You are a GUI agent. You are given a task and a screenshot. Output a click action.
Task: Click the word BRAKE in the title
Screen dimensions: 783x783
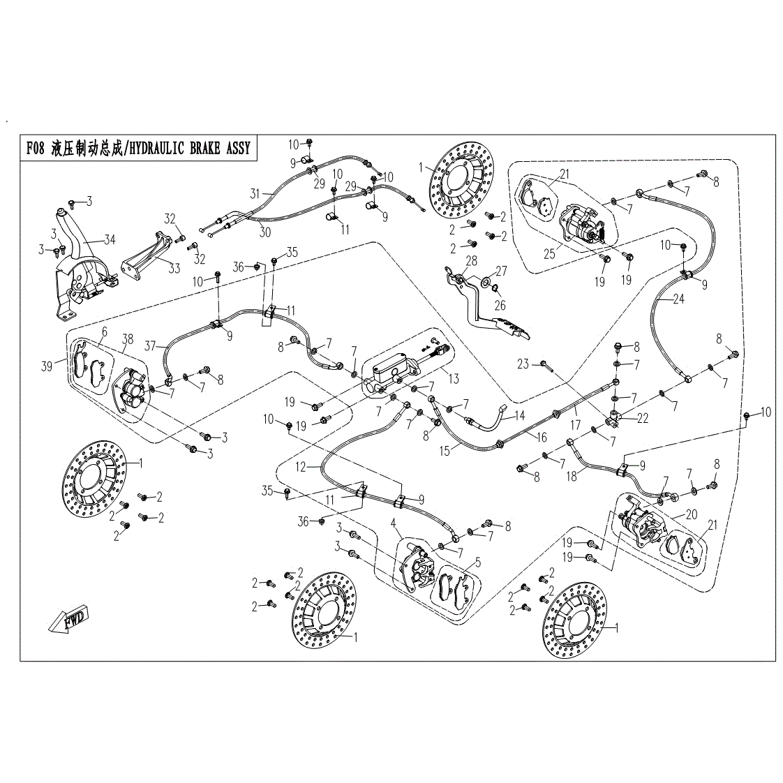[x=201, y=148]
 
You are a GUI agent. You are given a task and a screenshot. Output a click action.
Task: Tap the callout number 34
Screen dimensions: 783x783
[x=110, y=240]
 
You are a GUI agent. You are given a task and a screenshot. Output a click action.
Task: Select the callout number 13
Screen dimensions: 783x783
[x=454, y=378]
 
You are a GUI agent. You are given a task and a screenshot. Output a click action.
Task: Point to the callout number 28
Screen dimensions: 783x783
[x=472, y=260]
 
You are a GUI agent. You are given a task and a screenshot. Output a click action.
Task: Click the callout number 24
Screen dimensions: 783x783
[x=678, y=300]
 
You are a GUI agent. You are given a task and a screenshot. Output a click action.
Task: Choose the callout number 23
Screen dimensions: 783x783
[x=523, y=363]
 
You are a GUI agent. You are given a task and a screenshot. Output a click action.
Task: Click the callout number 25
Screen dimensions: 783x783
[x=550, y=253]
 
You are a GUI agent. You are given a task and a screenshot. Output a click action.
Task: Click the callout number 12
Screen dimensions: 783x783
[x=300, y=467]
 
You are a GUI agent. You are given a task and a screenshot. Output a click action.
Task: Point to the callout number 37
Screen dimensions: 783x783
[x=150, y=344]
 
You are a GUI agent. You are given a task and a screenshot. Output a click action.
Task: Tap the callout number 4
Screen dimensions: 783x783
[x=394, y=523]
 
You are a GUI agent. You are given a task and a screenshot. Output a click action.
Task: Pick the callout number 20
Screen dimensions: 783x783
[x=692, y=514]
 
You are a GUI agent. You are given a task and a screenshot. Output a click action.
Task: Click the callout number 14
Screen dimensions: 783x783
[x=519, y=416]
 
